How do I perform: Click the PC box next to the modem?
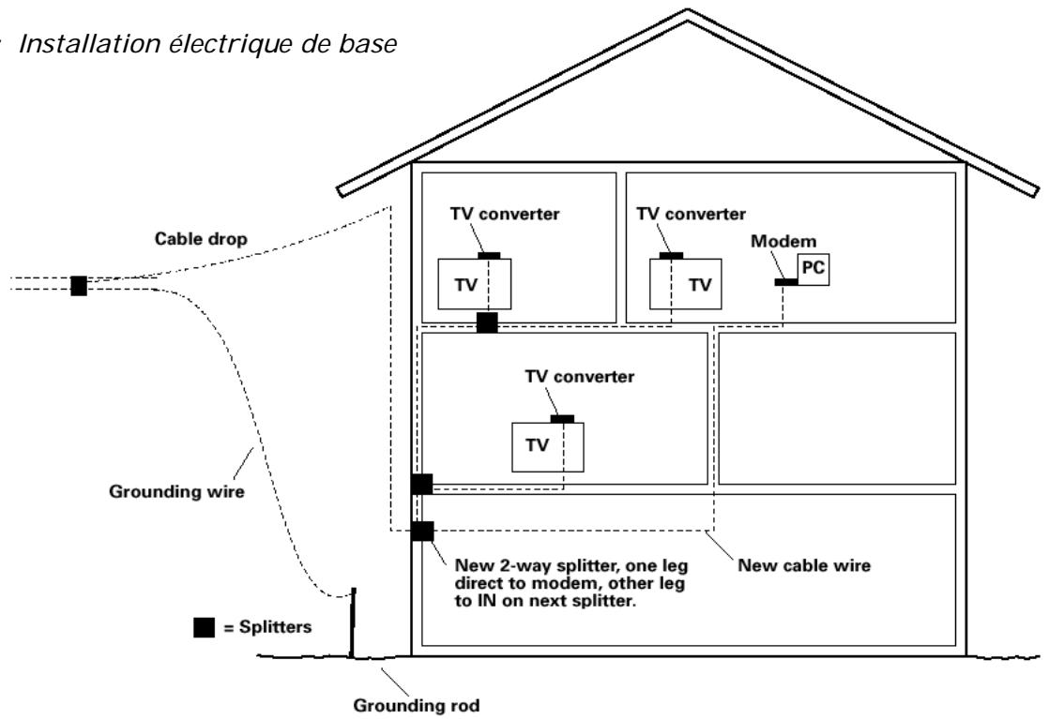click(x=813, y=267)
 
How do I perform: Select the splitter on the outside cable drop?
click(x=79, y=285)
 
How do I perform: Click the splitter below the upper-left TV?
click(x=486, y=322)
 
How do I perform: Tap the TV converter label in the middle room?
click(x=580, y=378)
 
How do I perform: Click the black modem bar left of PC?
click(x=785, y=281)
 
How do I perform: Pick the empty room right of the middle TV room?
click(x=837, y=408)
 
